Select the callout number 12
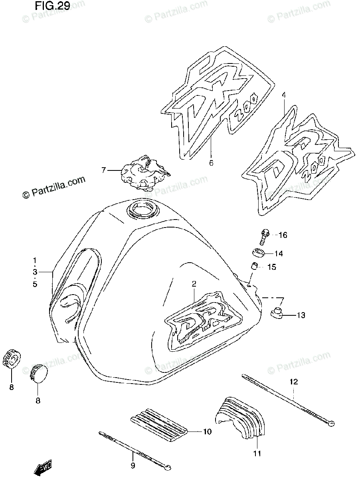click(294, 382)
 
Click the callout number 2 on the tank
click(194, 284)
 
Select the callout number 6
click(211, 162)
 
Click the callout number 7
click(103, 170)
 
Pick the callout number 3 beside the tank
click(35, 272)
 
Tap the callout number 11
click(257, 453)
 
